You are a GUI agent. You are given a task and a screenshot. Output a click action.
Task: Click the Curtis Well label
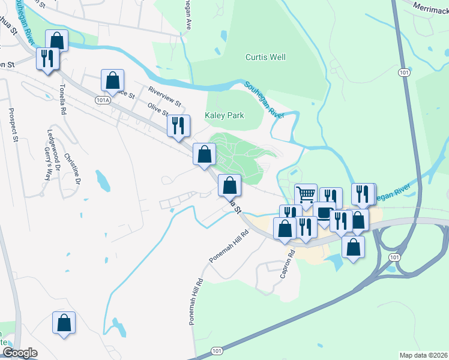pyautogui.click(x=265, y=58)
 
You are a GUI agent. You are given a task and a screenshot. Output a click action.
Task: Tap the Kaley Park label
pyautogui.click(x=224, y=115)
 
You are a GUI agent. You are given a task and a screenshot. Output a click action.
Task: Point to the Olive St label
pyautogui.click(x=158, y=109)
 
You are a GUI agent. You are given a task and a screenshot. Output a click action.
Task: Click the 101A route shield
pyautogui.click(x=103, y=101)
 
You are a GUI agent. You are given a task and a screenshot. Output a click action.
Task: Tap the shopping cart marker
pyautogui.click(x=306, y=194)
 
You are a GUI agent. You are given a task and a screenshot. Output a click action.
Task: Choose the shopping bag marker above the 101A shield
pyautogui.click(x=112, y=80)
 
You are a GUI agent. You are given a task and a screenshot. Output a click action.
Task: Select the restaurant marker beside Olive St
pyautogui.click(x=178, y=126)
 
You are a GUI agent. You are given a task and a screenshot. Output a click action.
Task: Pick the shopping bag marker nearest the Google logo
pyautogui.click(x=64, y=323)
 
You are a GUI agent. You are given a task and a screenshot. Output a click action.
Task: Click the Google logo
pyautogui.click(x=20, y=353)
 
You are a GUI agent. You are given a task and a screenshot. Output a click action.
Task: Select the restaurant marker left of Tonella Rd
pyautogui.click(x=46, y=59)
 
